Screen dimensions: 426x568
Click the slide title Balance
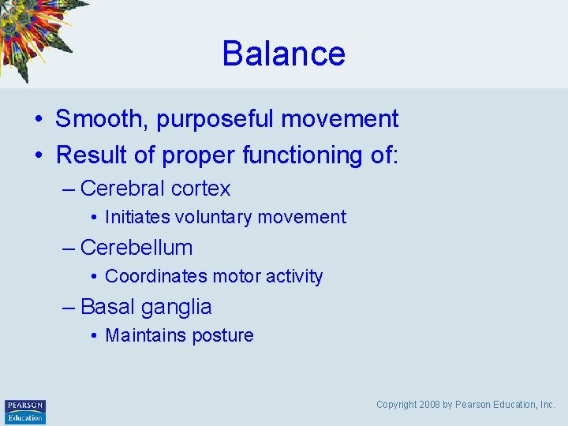(283, 54)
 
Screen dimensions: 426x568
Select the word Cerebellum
(136, 248)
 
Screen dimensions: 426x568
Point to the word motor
(228, 276)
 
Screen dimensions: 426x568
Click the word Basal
(107, 307)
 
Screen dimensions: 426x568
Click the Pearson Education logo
(25, 412)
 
